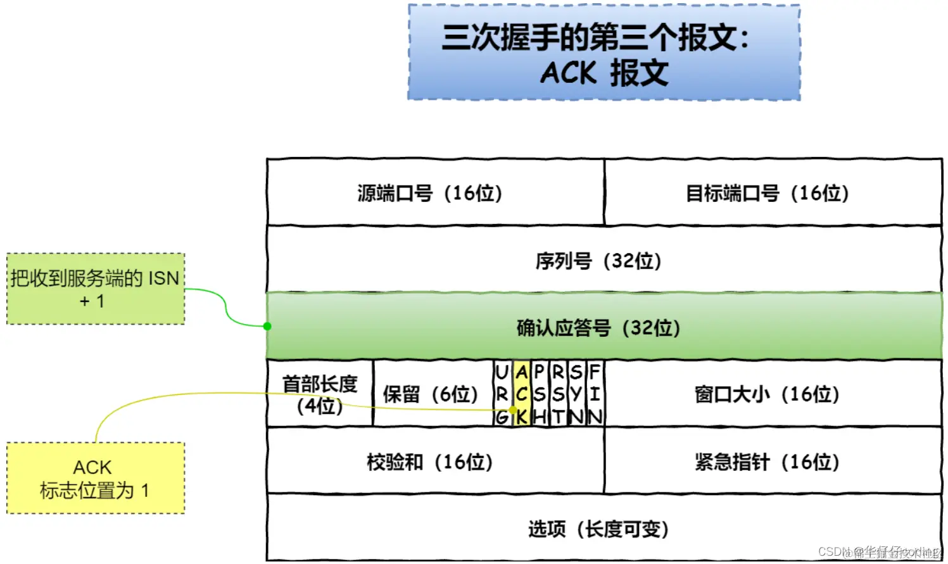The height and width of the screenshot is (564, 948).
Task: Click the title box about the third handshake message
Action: (604, 53)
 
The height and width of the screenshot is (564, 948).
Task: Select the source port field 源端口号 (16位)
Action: (429, 193)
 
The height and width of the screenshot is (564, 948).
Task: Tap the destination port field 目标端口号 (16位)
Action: (767, 193)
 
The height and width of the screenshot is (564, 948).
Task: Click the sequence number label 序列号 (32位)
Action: (598, 261)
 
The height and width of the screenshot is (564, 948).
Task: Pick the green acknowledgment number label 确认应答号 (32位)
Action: (598, 328)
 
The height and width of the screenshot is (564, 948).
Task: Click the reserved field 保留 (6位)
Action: (431, 394)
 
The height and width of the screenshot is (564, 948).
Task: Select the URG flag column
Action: (502, 394)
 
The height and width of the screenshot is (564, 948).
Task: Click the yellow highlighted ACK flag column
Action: (521, 394)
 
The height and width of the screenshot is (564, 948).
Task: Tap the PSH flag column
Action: (540, 394)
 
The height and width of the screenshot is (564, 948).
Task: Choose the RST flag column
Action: (558, 394)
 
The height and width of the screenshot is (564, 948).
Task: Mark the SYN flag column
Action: (576, 394)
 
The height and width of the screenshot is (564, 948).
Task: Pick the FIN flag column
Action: (595, 394)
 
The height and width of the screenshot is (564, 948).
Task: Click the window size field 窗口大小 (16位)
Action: (767, 394)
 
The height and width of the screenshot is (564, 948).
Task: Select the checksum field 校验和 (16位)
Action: (429, 462)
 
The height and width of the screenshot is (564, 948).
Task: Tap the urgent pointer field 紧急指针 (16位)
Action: (767, 462)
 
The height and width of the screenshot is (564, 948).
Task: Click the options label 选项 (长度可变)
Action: (598, 529)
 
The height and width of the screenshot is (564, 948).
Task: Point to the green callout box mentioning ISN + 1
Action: (95, 289)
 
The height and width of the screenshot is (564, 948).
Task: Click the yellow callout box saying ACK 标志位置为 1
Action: (95, 478)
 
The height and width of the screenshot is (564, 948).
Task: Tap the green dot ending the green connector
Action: (267, 326)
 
